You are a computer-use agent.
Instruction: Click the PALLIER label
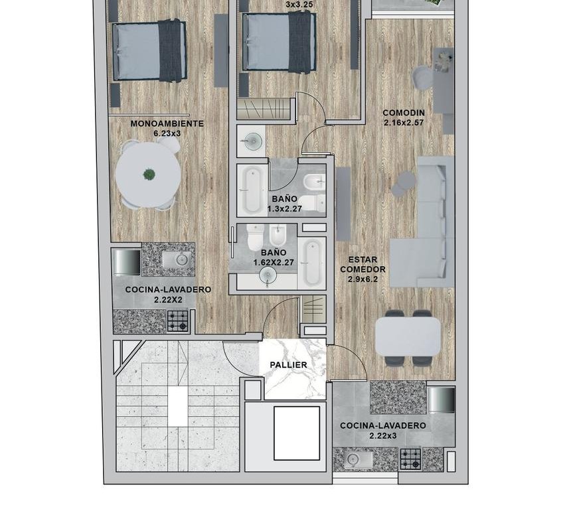288,365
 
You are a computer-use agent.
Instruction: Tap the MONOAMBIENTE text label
167,123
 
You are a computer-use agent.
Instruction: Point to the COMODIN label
404,113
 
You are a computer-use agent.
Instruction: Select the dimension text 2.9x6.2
362,279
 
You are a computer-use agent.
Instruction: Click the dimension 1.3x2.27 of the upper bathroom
284,208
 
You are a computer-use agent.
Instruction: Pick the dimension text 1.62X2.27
274,262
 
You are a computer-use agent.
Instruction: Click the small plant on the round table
149,175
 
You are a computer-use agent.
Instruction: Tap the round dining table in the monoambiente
148,175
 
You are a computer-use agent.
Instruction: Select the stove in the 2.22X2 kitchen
178,321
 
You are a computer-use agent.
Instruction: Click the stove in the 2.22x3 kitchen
410,459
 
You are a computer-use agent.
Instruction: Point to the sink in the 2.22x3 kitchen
353,459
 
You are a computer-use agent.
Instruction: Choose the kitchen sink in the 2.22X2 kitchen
177,259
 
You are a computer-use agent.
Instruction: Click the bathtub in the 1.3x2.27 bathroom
252,190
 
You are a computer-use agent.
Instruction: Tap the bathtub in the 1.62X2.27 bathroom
312,263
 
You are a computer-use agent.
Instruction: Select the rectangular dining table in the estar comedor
408,337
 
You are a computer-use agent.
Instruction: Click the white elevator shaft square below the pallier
297,433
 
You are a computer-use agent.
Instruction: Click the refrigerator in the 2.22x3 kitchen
441,400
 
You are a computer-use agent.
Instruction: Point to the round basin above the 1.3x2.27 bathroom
253,140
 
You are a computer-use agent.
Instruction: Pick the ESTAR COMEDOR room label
362,264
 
